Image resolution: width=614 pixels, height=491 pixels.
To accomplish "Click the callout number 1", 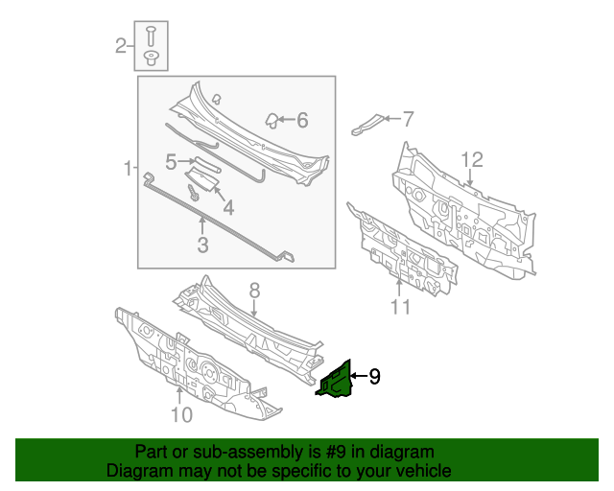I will pyautogui.click(x=127, y=170).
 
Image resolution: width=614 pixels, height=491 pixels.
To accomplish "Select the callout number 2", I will pyautogui.click(x=121, y=45).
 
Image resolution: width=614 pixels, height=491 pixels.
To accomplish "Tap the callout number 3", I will pyautogui.click(x=202, y=245).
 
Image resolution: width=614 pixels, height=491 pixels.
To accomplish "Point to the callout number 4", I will pyautogui.click(x=227, y=207).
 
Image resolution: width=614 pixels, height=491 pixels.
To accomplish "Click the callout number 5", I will pyautogui.click(x=171, y=162).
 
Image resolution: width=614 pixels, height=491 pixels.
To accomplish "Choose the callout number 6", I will pyautogui.click(x=301, y=120).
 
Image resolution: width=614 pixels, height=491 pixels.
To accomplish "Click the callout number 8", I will pyautogui.click(x=254, y=290).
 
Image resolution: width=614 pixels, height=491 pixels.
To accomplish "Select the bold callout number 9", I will pyautogui.click(x=374, y=377).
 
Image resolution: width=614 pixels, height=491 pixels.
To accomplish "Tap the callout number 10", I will pyautogui.click(x=181, y=414).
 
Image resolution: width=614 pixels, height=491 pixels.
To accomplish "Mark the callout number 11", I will pyautogui.click(x=400, y=307).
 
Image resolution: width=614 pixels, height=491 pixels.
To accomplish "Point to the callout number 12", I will pyautogui.click(x=471, y=159).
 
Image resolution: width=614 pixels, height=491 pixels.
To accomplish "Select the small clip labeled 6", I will pyautogui.click(x=272, y=120).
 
